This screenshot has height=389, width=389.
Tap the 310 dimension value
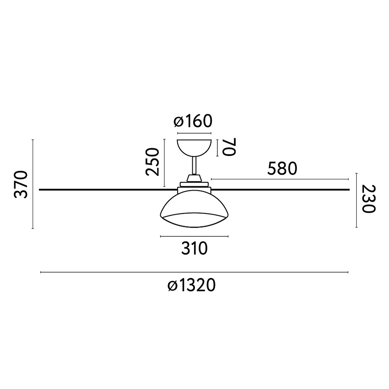point(194,249)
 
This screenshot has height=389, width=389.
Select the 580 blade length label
point(282,169)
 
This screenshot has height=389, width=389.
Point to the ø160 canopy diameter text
point(193,121)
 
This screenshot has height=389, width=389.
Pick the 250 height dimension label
point(153,161)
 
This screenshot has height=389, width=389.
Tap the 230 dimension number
point(368,199)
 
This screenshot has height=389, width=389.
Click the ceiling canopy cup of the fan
point(194,147)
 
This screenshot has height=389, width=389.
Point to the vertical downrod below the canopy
point(194,166)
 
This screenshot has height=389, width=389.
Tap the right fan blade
point(281,189)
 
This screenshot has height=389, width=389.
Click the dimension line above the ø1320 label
point(194,272)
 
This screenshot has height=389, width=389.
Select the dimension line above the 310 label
point(194,236)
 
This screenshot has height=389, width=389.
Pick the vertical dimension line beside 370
point(33,184)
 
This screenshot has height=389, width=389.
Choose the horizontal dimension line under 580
point(280,179)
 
